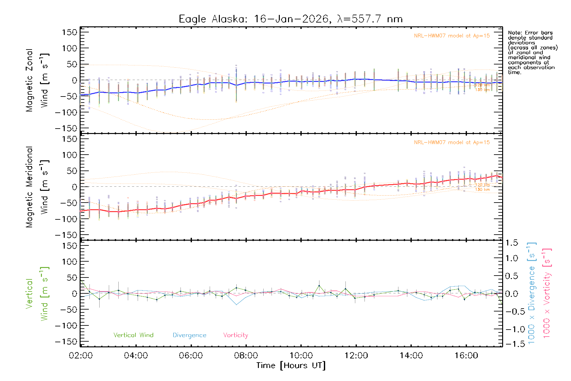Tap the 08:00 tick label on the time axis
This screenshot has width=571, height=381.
pyautogui.click(x=246, y=356)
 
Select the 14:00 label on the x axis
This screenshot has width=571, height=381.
pyautogui.click(x=411, y=356)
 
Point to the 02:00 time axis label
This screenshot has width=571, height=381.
pyautogui.click(x=81, y=356)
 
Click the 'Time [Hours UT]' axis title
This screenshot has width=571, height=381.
pyautogui.click(x=291, y=365)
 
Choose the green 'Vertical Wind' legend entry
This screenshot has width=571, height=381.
pyautogui.click(x=133, y=335)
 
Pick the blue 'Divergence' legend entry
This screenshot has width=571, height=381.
pyautogui.click(x=189, y=335)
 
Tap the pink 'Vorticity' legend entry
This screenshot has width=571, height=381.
pyautogui.click(x=235, y=335)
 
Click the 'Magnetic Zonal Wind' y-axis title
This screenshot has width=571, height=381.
pyautogui.click(x=37, y=80)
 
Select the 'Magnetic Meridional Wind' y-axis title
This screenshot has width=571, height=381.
pyautogui.click(x=37, y=187)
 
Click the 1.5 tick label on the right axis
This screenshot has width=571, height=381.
pyautogui.click(x=511, y=243)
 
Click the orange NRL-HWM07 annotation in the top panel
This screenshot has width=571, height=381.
pyautogui.click(x=452, y=36)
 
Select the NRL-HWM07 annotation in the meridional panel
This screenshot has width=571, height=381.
pyautogui.click(x=452, y=143)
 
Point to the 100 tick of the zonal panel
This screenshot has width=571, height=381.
pyautogui.click(x=70, y=48)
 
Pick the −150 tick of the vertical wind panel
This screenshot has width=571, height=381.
pyautogui.click(x=66, y=342)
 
